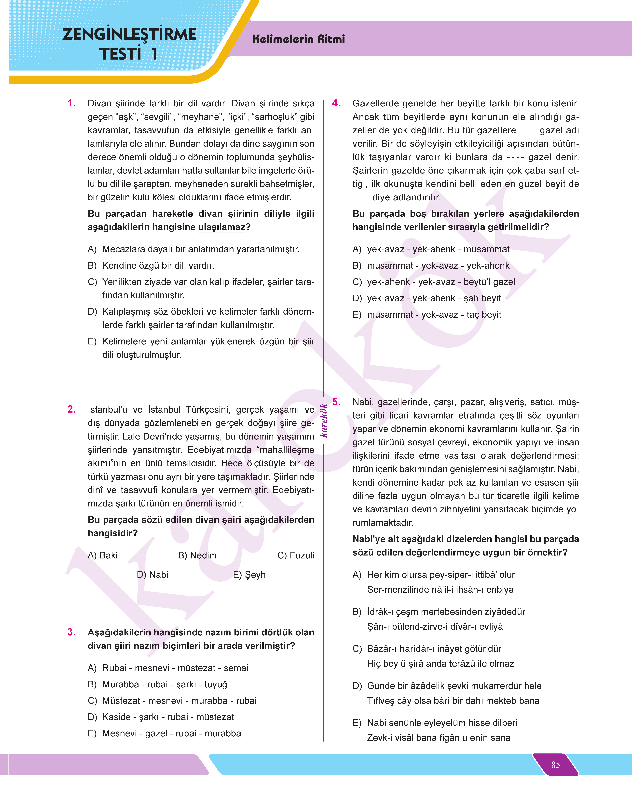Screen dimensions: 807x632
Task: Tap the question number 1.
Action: click(71, 103)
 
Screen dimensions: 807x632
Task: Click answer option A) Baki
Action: click(102, 555)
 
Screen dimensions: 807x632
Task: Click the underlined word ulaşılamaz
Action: click(222, 227)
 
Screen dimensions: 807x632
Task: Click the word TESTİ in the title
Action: click(120, 54)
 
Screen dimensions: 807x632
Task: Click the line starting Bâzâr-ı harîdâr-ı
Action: click(434, 649)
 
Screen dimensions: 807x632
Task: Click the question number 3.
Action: click(71, 632)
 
